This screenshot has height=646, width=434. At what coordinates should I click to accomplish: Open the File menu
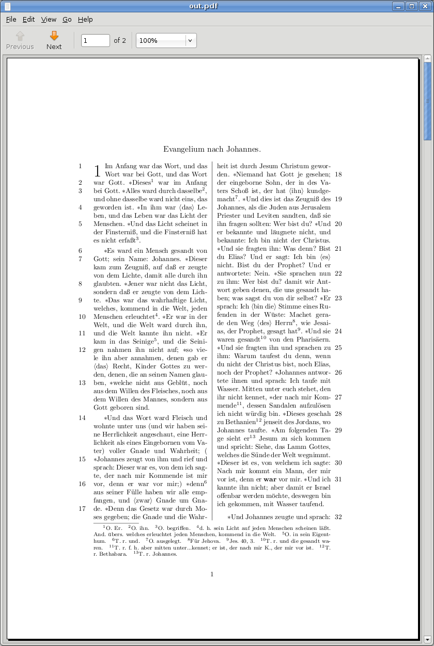(x=11, y=20)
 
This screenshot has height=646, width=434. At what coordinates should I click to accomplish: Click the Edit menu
(x=28, y=20)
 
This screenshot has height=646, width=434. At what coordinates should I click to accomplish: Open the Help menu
(x=85, y=20)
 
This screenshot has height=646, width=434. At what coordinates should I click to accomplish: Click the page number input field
(x=96, y=40)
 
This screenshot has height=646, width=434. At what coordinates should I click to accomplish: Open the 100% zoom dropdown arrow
(x=190, y=40)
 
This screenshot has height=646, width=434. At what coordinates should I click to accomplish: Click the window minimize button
(x=398, y=6)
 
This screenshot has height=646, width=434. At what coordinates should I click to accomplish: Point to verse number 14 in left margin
(x=82, y=418)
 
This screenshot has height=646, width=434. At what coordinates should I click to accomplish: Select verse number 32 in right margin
(x=338, y=517)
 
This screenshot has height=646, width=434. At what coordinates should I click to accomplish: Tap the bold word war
(x=270, y=480)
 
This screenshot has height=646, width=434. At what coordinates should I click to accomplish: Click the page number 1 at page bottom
(x=212, y=574)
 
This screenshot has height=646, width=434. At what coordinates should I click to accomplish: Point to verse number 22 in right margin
(x=338, y=273)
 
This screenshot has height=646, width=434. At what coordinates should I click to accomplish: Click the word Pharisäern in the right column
(x=313, y=340)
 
